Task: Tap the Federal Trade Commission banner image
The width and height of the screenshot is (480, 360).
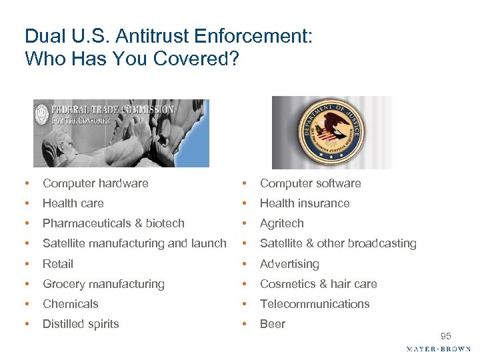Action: (121, 133)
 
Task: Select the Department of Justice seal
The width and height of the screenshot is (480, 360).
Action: (332, 133)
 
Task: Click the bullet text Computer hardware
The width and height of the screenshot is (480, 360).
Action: (95, 183)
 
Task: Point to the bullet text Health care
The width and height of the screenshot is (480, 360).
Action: (73, 203)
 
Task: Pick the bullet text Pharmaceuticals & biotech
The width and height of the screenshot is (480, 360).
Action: (113, 223)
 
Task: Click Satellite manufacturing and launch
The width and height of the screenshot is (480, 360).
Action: (135, 243)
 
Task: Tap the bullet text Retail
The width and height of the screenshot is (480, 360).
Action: (58, 264)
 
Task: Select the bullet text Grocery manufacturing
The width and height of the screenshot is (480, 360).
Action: (103, 284)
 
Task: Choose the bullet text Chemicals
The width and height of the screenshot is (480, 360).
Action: (71, 304)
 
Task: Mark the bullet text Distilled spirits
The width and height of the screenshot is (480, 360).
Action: (81, 324)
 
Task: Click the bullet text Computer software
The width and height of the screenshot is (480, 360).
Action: (311, 183)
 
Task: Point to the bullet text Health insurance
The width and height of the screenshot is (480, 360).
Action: (305, 203)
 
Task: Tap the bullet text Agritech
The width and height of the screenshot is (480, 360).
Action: (282, 223)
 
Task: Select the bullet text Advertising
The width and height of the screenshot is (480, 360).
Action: (289, 264)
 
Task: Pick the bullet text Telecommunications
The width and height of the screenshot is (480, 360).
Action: (315, 304)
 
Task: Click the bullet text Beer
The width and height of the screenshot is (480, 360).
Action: (273, 324)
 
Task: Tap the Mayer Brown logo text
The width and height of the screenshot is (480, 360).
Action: (439, 349)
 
